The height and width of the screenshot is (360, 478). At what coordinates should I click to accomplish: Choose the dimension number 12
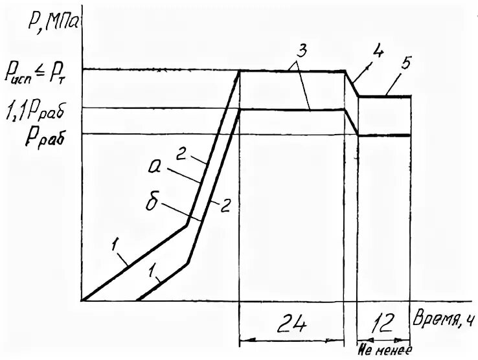(x=385, y=322)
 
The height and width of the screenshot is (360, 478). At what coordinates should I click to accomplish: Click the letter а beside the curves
(x=154, y=170)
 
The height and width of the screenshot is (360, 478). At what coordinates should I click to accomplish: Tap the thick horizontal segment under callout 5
(x=385, y=96)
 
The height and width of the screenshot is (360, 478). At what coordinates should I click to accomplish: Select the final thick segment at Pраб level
(x=385, y=135)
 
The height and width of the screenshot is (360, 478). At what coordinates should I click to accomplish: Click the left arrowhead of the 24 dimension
(x=244, y=340)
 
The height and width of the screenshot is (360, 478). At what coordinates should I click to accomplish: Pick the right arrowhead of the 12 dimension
(x=407, y=340)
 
